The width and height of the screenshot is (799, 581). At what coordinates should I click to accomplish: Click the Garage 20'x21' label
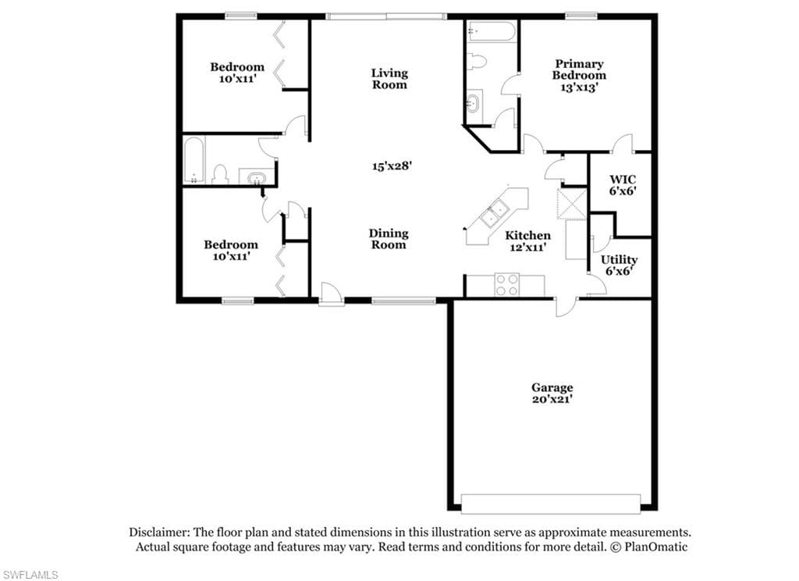[552, 394]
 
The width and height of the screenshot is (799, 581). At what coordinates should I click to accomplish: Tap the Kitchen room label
[528, 235]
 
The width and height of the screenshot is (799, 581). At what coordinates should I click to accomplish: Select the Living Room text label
[389, 79]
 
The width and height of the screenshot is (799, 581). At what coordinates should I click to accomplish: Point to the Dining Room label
[389, 239]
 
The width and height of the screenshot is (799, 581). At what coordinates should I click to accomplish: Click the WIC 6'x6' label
[623, 185]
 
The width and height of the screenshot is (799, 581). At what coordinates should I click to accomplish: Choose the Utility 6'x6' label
[619, 266]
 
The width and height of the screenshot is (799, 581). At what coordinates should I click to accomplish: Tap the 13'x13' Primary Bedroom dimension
[579, 87]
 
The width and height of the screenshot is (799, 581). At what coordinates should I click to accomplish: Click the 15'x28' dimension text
[392, 166]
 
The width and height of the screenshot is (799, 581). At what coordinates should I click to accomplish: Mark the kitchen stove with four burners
[507, 284]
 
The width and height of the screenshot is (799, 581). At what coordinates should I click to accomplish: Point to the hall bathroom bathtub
[194, 159]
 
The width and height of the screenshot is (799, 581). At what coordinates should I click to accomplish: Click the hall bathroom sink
[256, 177]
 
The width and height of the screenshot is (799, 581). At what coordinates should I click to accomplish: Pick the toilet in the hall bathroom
[220, 174]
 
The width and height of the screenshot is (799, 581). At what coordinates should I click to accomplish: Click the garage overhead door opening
[550, 503]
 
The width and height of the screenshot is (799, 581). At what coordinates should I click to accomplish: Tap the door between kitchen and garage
[566, 307]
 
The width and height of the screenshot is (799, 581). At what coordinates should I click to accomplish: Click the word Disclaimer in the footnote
[159, 533]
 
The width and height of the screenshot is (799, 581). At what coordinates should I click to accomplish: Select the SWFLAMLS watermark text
[29, 575]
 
